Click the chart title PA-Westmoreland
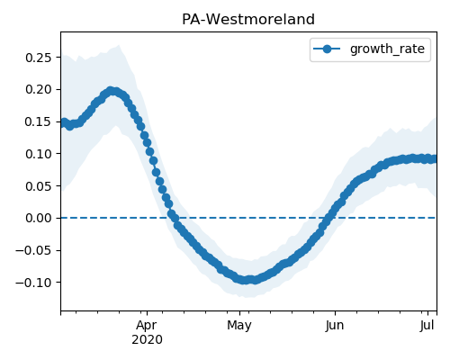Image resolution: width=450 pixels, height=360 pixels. tap(248, 20)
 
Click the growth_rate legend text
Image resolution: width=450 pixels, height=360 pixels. tap(387, 49)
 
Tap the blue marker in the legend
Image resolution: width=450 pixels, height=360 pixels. tap(327, 49)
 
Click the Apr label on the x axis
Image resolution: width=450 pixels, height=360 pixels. tap(147, 326)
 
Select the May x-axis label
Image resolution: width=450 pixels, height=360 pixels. tap(239, 326)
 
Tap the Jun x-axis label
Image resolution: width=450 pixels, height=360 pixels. tap(335, 326)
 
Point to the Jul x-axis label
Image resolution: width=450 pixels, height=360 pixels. tap(427, 326)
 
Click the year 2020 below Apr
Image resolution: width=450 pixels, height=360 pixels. tap(147, 340)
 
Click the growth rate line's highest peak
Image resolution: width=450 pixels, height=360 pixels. tap(111, 91)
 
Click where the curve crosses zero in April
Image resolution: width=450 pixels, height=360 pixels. tap(174, 218)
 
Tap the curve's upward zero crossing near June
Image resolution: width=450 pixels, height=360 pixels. tap(328, 218)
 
